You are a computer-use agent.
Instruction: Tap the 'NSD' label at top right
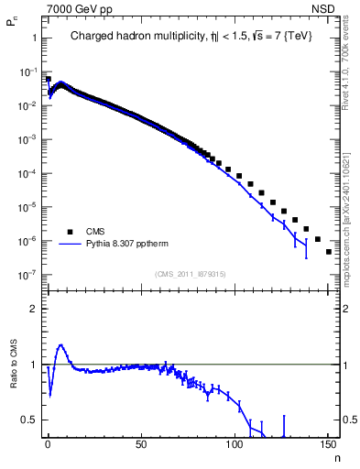pos(326,8)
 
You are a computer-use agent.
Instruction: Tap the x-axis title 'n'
pos(335,457)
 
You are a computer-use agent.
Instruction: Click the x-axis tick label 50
pos(141,446)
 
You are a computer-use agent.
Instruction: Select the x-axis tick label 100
pos(235,446)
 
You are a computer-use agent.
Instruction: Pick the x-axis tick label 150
pos(328,446)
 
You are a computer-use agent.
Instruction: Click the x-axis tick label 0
pos(48,446)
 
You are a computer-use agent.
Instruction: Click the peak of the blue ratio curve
pos(60,345)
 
